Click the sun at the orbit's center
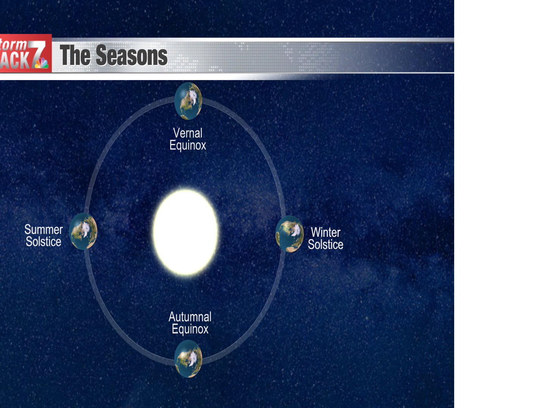point(186,232)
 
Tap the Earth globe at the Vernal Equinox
point(188,101)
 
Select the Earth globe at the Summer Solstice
point(83,231)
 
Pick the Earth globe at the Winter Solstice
point(290,234)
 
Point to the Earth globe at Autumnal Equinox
point(188,359)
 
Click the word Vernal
point(188,133)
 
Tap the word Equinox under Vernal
point(188,145)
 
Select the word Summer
point(44,229)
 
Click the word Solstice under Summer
point(44,242)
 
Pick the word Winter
point(325,232)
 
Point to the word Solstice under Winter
point(325,244)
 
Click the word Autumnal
point(190,317)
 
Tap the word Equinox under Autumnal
point(190,329)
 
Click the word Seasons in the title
point(131,56)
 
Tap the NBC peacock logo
point(42,63)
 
